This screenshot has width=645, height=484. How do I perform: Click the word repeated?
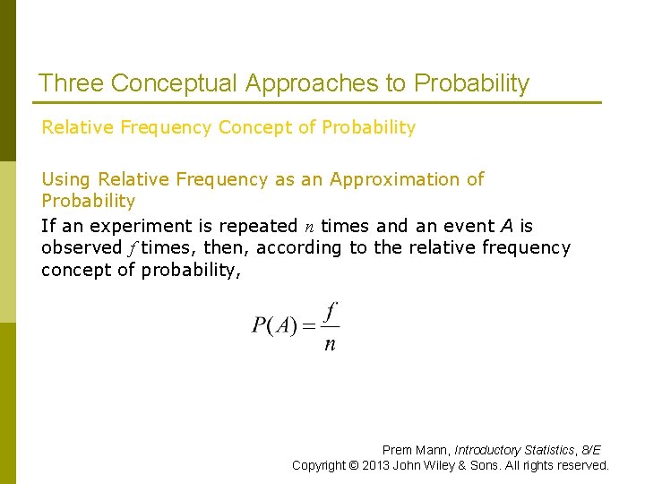pyautogui.click(x=259, y=226)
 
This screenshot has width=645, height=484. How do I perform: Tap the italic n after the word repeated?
pyautogui.click(x=309, y=227)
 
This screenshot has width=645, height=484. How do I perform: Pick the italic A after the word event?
pyautogui.click(x=506, y=226)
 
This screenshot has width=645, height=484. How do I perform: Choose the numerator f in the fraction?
pyautogui.click(x=331, y=311)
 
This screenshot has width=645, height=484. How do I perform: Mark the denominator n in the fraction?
pyautogui.click(x=330, y=344)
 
